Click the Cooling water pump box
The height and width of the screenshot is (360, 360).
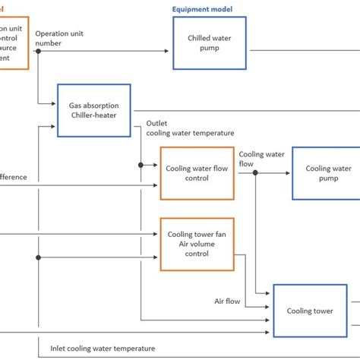pyautogui.click(x=327, y=173)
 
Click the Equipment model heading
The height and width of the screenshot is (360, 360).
pyautogui.click(x=203, y=9)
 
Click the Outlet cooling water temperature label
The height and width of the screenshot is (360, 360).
pyautogui.click(x=190, y=128)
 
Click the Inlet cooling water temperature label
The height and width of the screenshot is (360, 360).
pyautogui.click(x=103, y=349)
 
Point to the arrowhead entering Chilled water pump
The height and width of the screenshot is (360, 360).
pyautogui.click(x=169, y=51)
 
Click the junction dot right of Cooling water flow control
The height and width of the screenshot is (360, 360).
pyautogui.click(x=256, y=173)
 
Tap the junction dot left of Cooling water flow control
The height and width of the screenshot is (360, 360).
pyautogui.click(x=141, y=164)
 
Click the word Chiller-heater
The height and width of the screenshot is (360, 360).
pyautogui.click(x=100, y=117)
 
